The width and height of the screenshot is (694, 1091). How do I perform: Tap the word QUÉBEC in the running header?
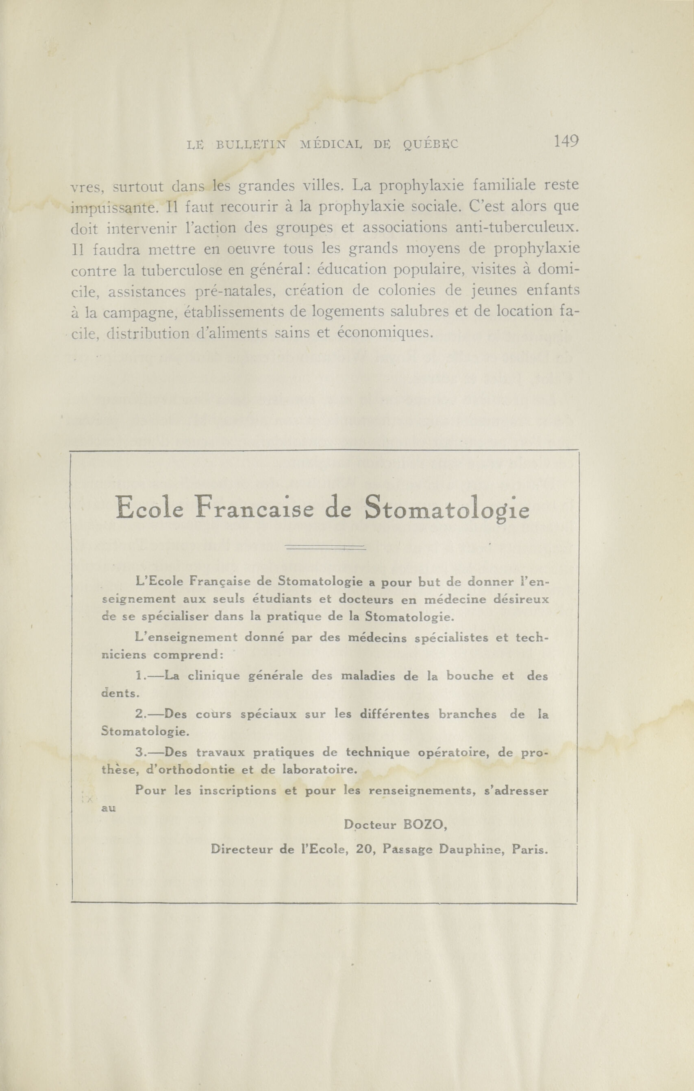(430, 144)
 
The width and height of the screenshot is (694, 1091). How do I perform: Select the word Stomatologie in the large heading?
(447, 508)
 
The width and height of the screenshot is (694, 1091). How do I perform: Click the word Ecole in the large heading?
(149, 508)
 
